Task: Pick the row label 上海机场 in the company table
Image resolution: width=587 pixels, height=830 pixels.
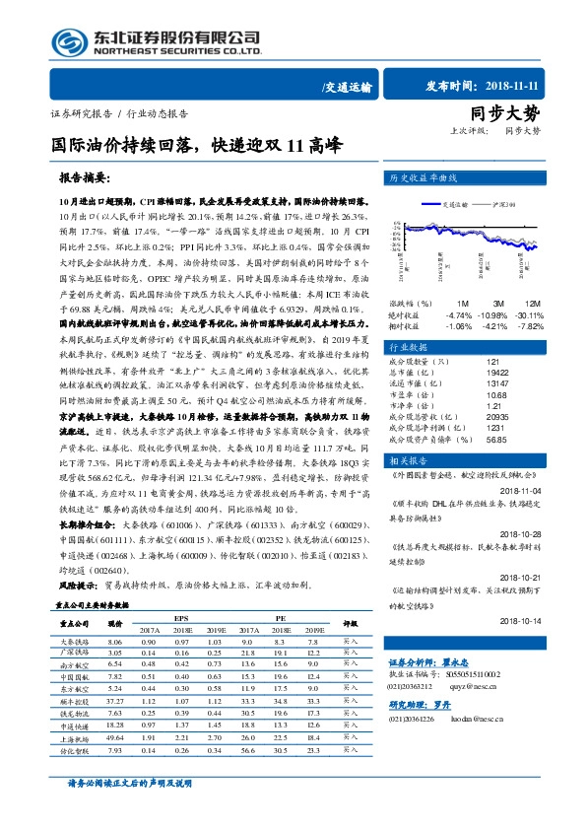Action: point(73,737)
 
